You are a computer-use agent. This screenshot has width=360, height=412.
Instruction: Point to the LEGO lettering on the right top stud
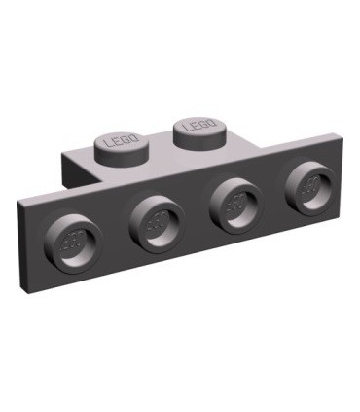click(x=201, y=125)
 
